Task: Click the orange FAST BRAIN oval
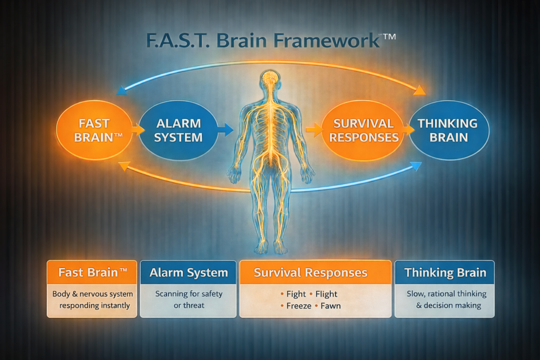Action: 94,130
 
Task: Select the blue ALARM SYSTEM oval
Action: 179,130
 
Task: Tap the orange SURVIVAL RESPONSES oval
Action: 364,130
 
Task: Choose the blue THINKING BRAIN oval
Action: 448,130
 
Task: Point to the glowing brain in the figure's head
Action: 270,77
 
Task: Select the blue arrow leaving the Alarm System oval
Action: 225,129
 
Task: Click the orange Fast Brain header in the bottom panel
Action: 92,273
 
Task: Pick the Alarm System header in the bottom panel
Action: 189,273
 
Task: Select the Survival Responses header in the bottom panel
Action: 310,273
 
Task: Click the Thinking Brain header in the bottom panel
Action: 445,273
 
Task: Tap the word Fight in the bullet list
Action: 296,294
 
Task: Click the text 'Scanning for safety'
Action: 189,294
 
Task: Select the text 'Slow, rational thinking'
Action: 446,294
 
